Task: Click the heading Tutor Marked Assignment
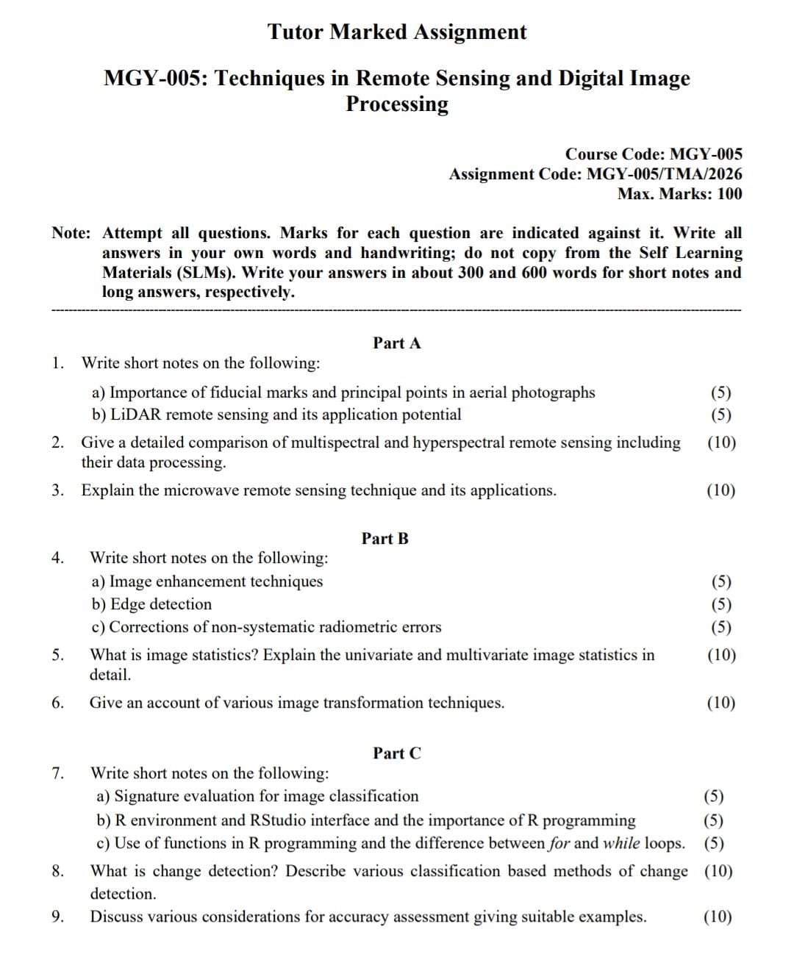[x=397, y=32]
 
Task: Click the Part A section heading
[x=397, y=343]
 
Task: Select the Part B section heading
[x=385, y=539]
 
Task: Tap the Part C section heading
[x=397, y=753]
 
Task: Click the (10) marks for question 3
[x=720, y=490]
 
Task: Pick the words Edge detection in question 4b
[x=160, y=604]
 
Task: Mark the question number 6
[x=58, y=703]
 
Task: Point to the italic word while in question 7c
[x=621, y=843]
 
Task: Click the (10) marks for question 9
[x=718, y=917]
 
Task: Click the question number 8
[x=58, y=872]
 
